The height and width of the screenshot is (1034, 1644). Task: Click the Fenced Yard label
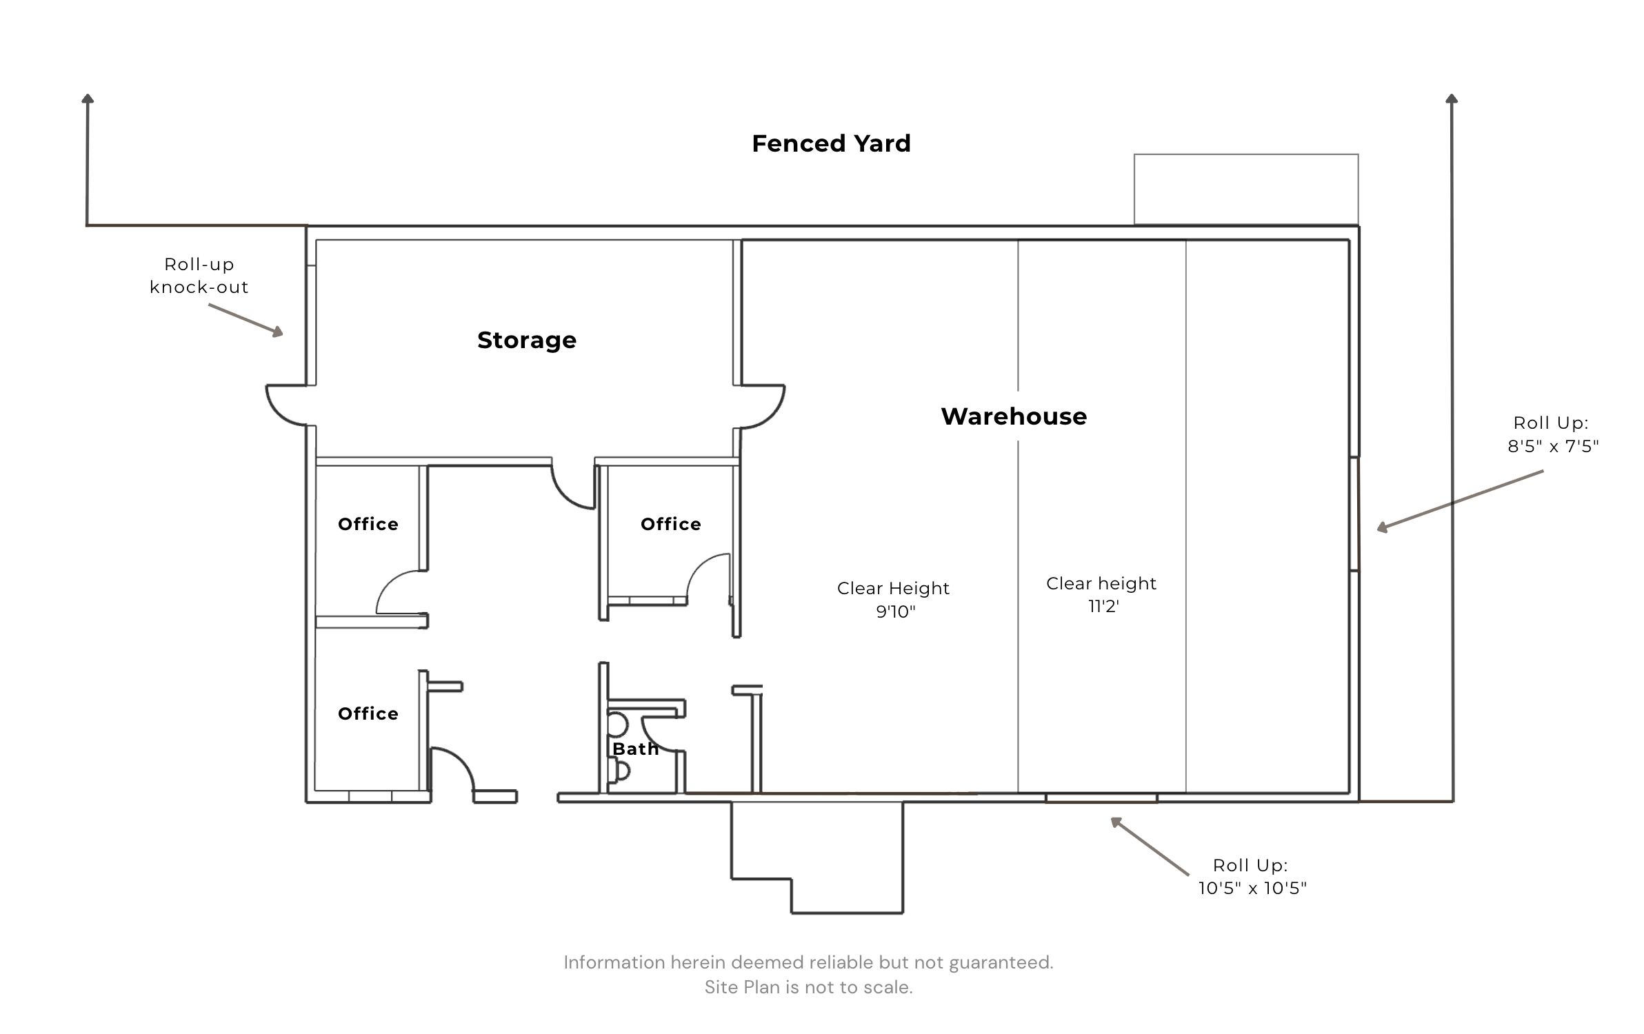831,143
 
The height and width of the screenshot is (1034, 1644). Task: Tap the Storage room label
527,340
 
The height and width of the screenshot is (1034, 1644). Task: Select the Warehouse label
1014,416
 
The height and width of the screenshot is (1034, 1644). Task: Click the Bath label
635,749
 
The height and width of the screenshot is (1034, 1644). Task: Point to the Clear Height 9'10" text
894,600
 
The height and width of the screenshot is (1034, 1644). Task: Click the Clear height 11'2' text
1101,595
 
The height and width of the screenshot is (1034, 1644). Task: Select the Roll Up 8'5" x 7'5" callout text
1553,434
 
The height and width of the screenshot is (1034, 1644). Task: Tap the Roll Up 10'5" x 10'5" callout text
1252,877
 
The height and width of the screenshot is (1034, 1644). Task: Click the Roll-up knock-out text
199,276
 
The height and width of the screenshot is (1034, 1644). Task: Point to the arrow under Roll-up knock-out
245,321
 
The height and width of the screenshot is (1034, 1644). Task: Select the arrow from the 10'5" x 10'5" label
1150,847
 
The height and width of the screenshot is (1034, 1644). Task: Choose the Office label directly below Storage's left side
368,524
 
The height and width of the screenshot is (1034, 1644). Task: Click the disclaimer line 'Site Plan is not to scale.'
808,987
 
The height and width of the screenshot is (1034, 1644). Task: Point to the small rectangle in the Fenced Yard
1246,154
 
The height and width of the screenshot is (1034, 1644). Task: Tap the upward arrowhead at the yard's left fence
88,99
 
